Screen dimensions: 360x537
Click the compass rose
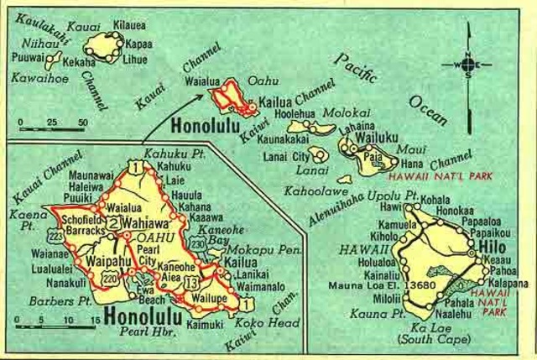tap(469, 64)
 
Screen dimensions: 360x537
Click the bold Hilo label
tap(493, 248)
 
